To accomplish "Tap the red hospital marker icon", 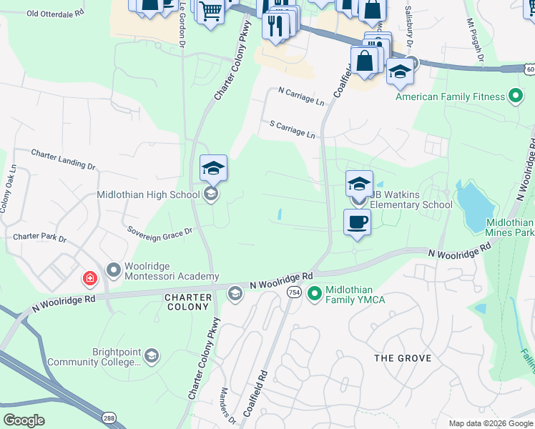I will pyautogui.click(x=89, y=278).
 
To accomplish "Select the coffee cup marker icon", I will pyautogui.click(x=356, y=222).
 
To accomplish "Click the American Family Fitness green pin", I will pyautogui.click(x=514, y=97).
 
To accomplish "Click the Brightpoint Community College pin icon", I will pyautogui.click(x=150, y=355).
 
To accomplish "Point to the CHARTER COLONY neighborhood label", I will pyautogui.click(x=188, y=302).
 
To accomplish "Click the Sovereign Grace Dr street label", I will pyautogui.click(x=160, y=231).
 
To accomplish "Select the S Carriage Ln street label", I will pyautogui.click(x=292, y=129).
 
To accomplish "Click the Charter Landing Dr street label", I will pyautogui.click(x=64, y=159).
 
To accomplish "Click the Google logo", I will pyautogui.click(x=24, y=420).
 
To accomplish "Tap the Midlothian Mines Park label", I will pyautogui.click(x=509, y=227).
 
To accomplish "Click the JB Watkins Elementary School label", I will pyautogui.click(x=411, y=205).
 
